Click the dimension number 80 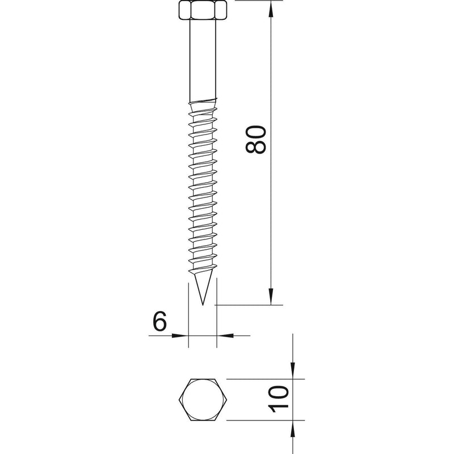click(x=255, y=139)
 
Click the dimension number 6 click(x=160, y=321)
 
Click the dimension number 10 click(x=279, y=400)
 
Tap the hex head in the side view click(x=203, y=10)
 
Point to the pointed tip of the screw click(x=203, y=305)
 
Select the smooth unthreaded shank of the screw click(x=203, y=60)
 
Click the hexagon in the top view click(x=203, y=400)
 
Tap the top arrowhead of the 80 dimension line click(x=271, y=9)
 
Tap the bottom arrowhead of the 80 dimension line click(x=271, y=296)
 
